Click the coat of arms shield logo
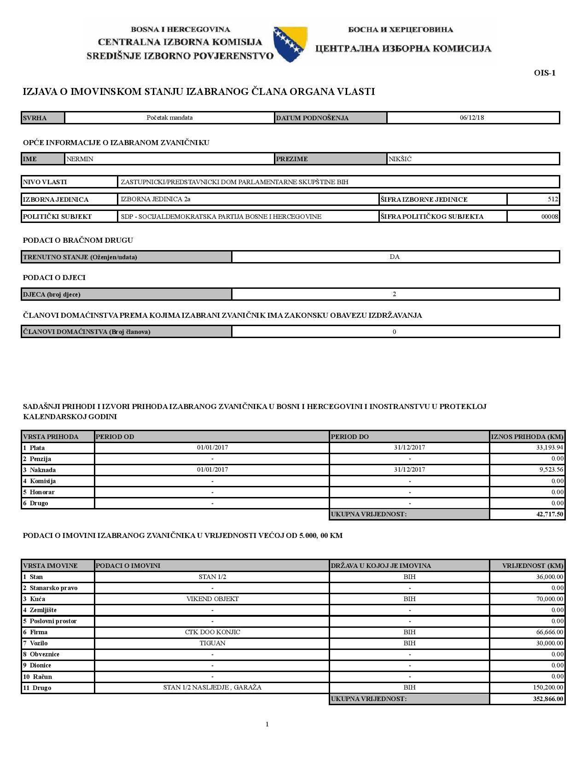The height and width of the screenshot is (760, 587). click(290, 44)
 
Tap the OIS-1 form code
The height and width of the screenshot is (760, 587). click(545, 73)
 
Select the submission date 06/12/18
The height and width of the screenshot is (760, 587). click(472, 117)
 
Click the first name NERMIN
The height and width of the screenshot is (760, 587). click(80, 159)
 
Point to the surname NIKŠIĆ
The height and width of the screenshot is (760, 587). click(400, 159)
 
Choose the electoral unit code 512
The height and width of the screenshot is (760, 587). click(553, 199)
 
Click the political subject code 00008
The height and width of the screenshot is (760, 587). click(550, 216)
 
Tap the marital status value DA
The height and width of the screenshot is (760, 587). click(395, 257)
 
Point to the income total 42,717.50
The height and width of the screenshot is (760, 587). click(550, 514)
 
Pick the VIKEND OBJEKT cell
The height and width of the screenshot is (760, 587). click(212, 599)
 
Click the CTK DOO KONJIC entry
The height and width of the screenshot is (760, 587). click(212, 632)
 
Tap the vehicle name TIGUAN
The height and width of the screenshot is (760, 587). click(212, 643)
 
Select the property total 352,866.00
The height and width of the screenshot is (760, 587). click(548, 699)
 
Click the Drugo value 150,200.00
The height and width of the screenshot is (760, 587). click(548, 687)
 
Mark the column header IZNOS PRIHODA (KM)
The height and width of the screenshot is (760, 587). click(527, 436)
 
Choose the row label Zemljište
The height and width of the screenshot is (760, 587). click(43, 610)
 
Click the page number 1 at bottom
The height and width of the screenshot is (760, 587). click(267, 724)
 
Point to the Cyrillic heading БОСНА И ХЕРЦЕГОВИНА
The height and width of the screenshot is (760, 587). click(401, 29)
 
